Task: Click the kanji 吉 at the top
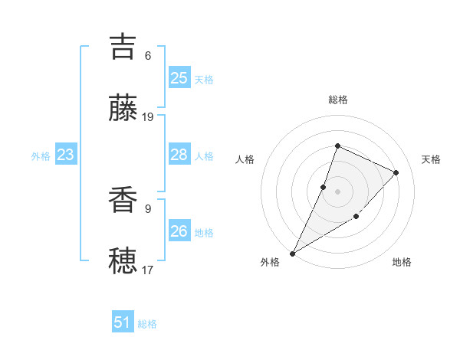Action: pyautogui.click(x=123, y=46)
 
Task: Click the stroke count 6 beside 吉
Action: pyautogui.click(x=148, y=56)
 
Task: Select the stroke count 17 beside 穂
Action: pyautogui.click(x=148, y=270)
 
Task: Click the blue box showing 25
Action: pyautogui.click(x=179, y=77)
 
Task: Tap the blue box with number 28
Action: pyautogui.click(x=179, y=155)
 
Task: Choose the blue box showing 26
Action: pyautogui.click(x=179, y=231)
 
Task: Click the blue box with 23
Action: pyautogui.click(x=65, y=155)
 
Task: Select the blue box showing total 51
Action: pyautogui.click(x=123, y=322)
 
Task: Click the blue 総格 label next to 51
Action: pyautogui.click(x=147, y=324)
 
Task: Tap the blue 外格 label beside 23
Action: pyautogui.click(x=41, y=156)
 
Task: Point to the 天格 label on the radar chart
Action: pyautogui.click(x=431, y=159)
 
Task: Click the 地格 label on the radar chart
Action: pyautogui.click(x=402, y=262)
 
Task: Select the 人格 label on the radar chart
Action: pyautogui.click(x=245, y=159)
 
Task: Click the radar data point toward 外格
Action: pyautogui.click(x=293, y=253)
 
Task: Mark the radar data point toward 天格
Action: pyautogui.click(x=396, y=172)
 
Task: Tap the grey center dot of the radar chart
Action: pyautogui.click(x=337, y=191)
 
